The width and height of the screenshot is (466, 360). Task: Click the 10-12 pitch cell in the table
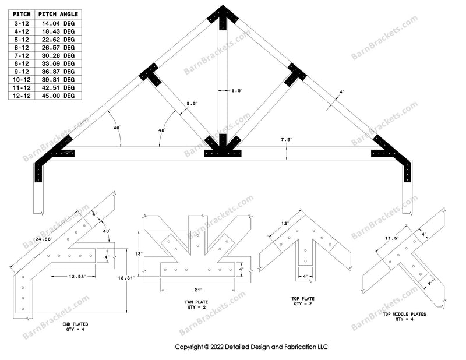click(22, 79)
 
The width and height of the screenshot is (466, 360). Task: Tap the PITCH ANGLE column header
click(60, 13)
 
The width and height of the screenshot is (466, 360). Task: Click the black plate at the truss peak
click(222, 15)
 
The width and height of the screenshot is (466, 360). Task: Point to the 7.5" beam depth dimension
click(285, 140)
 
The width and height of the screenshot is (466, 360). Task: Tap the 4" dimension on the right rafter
click(342, 92)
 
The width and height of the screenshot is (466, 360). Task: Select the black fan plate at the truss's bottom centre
click(223, 149)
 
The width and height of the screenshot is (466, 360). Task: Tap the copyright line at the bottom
click(251, 347)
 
